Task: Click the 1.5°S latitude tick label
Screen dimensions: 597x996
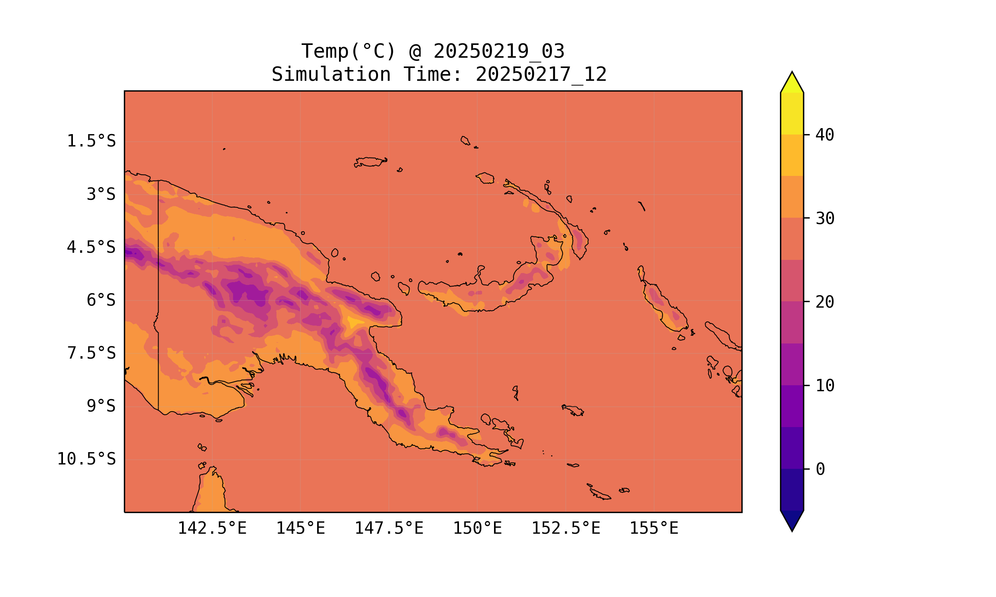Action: point(91,141)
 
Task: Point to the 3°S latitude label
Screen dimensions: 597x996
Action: point(101,194)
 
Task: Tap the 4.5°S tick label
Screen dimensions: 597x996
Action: point(91,248)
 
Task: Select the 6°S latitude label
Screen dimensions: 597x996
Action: point(101,300)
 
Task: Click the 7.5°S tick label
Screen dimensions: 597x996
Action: point(91,353)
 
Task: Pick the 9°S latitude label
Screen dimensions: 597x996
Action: point(101,406)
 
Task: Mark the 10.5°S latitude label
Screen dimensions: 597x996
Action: point(86,459)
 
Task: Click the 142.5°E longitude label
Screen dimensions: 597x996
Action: point(212,528)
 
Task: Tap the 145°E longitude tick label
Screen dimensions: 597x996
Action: point(300,528)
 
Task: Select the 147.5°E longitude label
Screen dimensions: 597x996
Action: point(389,528)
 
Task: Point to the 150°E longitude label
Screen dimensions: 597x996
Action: point(477,528)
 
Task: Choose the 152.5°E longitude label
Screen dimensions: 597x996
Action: point(566,528)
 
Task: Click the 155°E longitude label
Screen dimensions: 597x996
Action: point(654,528)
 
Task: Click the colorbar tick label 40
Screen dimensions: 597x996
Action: point(825,135)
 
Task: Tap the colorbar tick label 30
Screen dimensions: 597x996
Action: point(825,219)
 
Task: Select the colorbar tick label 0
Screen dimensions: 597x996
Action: point(820,470)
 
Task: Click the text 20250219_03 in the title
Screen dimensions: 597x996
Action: point(499,51)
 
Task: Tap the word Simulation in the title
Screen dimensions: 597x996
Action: point(331,75)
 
